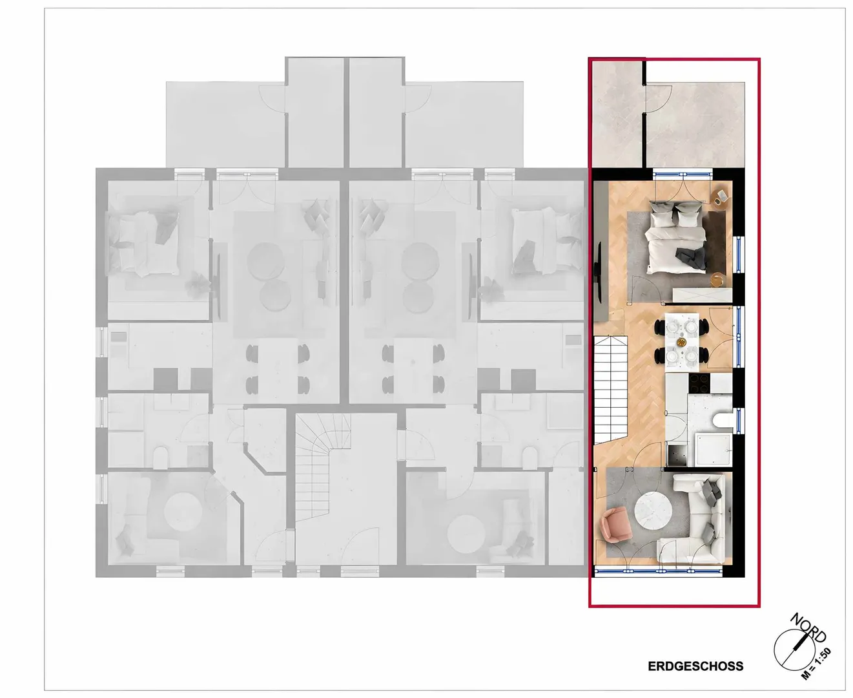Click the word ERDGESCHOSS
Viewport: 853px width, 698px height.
(695, 666)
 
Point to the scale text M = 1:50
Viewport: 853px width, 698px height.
(816, 663)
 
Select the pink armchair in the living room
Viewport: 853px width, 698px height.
(615, 524)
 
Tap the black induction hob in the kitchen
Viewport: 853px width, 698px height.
(699, 382)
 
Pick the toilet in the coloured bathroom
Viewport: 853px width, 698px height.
(723, 420)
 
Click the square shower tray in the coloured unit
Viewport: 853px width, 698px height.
(713, 450)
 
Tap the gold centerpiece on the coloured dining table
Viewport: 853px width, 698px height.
(681, 342)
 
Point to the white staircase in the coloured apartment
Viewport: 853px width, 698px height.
(610, 391)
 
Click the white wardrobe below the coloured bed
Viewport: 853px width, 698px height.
(702, 295)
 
